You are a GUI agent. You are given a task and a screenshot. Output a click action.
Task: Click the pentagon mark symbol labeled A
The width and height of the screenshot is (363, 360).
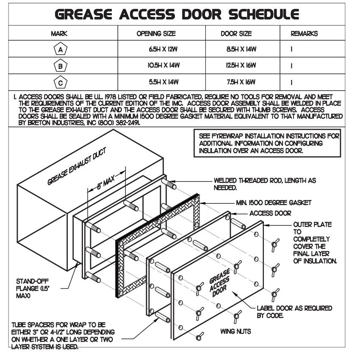tap(61, 49)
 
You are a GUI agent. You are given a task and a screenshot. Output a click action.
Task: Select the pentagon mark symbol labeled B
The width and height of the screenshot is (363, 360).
tap(61, 66)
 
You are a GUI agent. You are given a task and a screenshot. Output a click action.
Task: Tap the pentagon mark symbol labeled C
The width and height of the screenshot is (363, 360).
tap(61, 82)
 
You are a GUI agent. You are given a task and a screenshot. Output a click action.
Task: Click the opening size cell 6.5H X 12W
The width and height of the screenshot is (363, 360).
tap(163, 49)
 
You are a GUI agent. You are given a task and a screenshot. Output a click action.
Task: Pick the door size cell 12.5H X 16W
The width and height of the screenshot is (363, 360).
tap(241, 66)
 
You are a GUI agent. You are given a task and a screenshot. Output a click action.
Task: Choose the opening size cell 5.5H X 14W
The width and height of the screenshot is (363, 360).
tap(163, 82)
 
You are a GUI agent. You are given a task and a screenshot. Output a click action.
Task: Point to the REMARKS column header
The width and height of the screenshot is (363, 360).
tap(304, 33)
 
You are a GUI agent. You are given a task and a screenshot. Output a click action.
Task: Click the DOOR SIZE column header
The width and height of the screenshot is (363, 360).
tap(236, 33)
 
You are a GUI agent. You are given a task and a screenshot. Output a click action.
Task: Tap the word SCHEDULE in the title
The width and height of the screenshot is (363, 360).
tap(264, 14)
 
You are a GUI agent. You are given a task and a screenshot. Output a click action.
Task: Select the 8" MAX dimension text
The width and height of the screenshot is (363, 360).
tap(106, 182)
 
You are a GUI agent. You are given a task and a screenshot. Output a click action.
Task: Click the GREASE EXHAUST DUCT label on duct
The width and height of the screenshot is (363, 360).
tap(77, 166)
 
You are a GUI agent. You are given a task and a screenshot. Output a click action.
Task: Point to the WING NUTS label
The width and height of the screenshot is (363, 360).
tap(236, 331)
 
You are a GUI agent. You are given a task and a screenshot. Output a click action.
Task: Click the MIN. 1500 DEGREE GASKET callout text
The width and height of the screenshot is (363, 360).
tap(274, 203)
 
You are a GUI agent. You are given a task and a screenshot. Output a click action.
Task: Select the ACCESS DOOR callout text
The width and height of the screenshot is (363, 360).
tap(270, 213)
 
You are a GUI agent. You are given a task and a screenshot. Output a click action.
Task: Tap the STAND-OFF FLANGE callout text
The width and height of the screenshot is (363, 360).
tap(33, 289)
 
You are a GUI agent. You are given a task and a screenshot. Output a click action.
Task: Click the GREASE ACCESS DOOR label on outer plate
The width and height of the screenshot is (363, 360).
tap(219, 283)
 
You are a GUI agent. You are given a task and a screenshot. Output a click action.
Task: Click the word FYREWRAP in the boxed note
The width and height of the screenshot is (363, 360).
tap(227, 136)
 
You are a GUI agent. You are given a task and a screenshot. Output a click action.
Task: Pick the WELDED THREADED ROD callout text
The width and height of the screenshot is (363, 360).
tap(265, 184)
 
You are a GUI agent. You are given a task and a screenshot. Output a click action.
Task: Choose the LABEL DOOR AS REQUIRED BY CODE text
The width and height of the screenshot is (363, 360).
tap(294, 312)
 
